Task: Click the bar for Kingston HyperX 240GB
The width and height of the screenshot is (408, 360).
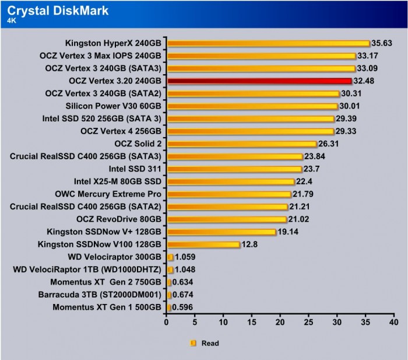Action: [268, 43]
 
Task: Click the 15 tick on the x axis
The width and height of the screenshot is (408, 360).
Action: [252, 321]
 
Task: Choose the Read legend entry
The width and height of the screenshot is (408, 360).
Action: [210, 344]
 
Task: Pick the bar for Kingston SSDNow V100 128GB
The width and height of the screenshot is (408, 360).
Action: [203, 244]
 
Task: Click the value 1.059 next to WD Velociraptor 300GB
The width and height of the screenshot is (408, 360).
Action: [186, 257]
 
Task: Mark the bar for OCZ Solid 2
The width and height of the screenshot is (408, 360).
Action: [242, 144]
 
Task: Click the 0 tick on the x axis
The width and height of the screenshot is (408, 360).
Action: [167, 321]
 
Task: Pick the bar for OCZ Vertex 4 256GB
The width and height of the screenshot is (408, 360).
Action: [251, 131]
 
